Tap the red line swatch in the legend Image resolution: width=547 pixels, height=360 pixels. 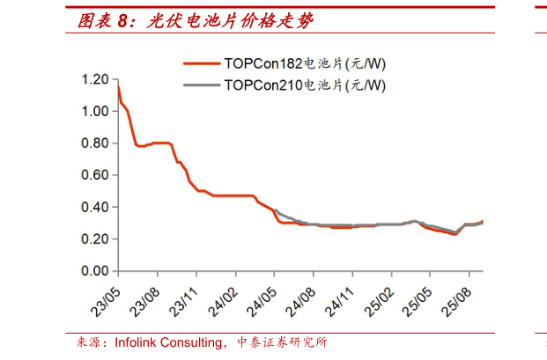202,63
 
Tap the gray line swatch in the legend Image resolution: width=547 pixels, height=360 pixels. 202,85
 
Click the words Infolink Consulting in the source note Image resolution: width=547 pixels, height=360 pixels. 168,342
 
